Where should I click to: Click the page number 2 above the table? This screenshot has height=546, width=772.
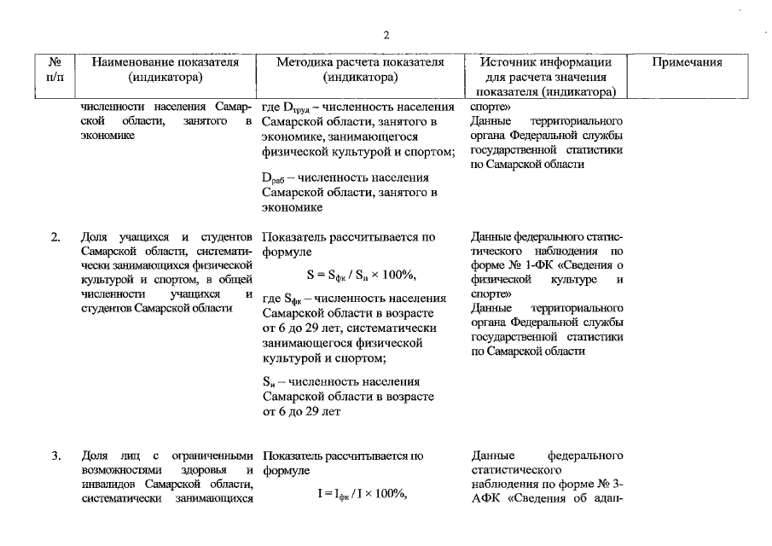tap(386, 35)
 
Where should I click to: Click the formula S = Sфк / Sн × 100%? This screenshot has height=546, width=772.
tap(361, 275)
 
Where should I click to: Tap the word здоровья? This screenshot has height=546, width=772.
tap(206, 470)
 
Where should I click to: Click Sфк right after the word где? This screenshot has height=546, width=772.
tap(294, 299)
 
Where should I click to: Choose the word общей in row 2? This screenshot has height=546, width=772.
tap(236, 278)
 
